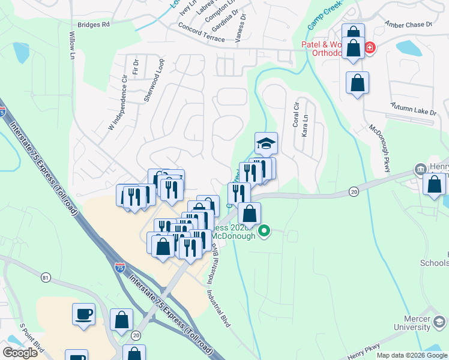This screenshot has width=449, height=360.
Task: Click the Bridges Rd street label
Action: click(94, 25)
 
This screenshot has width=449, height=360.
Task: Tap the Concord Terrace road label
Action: click(201, 32)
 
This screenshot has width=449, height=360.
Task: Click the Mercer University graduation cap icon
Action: click(439, 323)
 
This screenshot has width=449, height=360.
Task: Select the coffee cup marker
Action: click(84, 314)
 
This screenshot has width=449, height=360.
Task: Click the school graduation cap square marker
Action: click(266, 144)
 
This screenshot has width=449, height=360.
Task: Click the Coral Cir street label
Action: click(296, 114)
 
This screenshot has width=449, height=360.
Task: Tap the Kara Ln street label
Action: click(305, 125)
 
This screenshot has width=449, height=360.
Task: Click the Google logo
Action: click(20, 352)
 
